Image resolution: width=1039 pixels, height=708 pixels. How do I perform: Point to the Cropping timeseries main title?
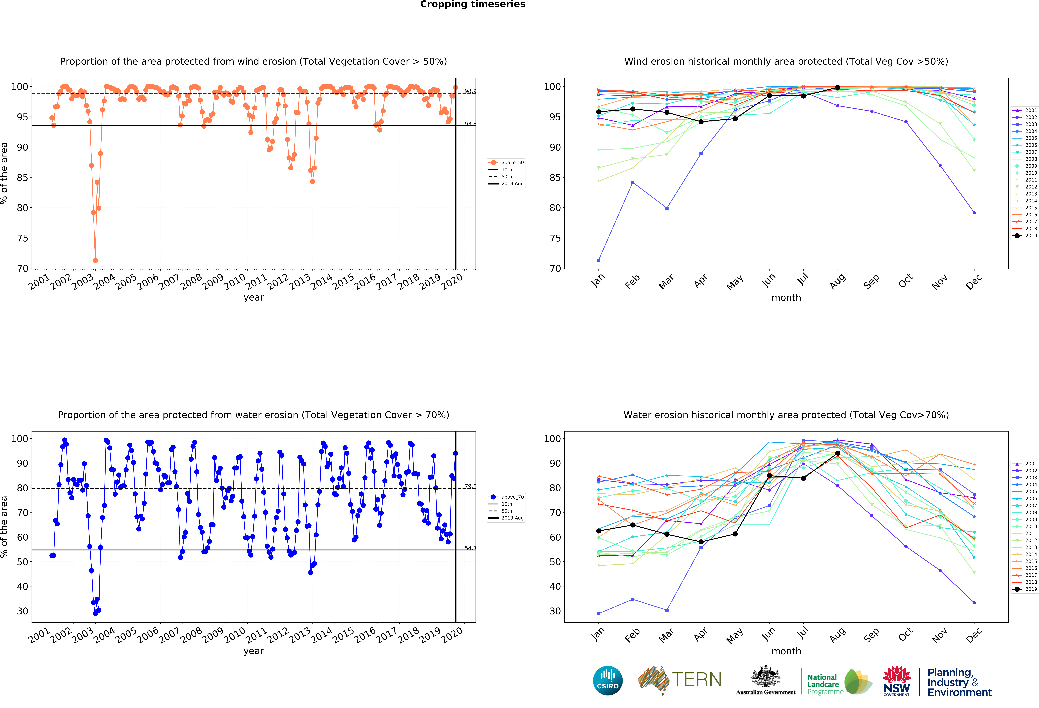[473, 4]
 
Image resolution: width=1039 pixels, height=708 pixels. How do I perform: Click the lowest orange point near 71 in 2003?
[95, 260]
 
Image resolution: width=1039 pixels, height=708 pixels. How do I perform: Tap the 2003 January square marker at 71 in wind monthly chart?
[599, 260]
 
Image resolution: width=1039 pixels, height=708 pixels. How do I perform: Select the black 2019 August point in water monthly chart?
[837, 453]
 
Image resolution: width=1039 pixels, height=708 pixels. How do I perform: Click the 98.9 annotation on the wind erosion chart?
[470, 91]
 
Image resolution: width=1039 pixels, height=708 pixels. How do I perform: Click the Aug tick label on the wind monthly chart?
[837, 282]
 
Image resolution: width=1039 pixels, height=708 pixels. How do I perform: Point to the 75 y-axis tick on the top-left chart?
[22, 238]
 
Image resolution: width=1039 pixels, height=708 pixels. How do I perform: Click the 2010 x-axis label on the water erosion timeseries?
[235, 635]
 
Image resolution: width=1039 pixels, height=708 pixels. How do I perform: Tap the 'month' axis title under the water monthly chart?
[786, 651]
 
